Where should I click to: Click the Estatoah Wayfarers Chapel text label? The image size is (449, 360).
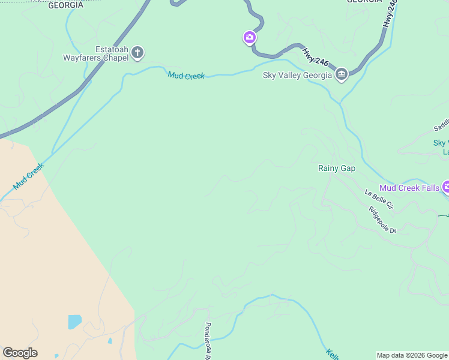pyautogui.click(x=95, y=54)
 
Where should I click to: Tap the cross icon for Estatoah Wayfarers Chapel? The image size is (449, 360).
pyautogui.click(x=137, y=53)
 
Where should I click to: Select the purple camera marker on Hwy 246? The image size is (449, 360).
pyautogui.click(x=250, y=38)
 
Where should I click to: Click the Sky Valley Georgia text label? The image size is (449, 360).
pyautogui.click(x=297, y=76)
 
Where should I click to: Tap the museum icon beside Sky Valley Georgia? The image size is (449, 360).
pyautogui.click(x=342, y=75)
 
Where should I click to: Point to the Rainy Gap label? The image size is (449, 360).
pyautogui.click(x=336, y=169)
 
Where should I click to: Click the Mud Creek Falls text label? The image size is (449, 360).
pyautogui.click(x=409, y=188)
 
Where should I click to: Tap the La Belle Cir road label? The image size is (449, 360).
pyautogui.click(x=379, y=199)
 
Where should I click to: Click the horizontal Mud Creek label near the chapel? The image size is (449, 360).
pyautogui.click(x=186, y=76)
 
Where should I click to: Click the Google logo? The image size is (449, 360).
pyautogui.click(x=20, y=353)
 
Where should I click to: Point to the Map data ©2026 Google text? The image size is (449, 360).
pyautogui.click(x=412, y=356)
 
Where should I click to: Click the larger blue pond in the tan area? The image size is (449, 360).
pyautogui.click(x=74, y=322)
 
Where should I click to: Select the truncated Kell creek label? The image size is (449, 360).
pyautogui.click(x=333, y=354)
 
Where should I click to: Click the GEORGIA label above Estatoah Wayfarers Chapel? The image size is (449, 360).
pyautogui.click(x=65, y=5)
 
